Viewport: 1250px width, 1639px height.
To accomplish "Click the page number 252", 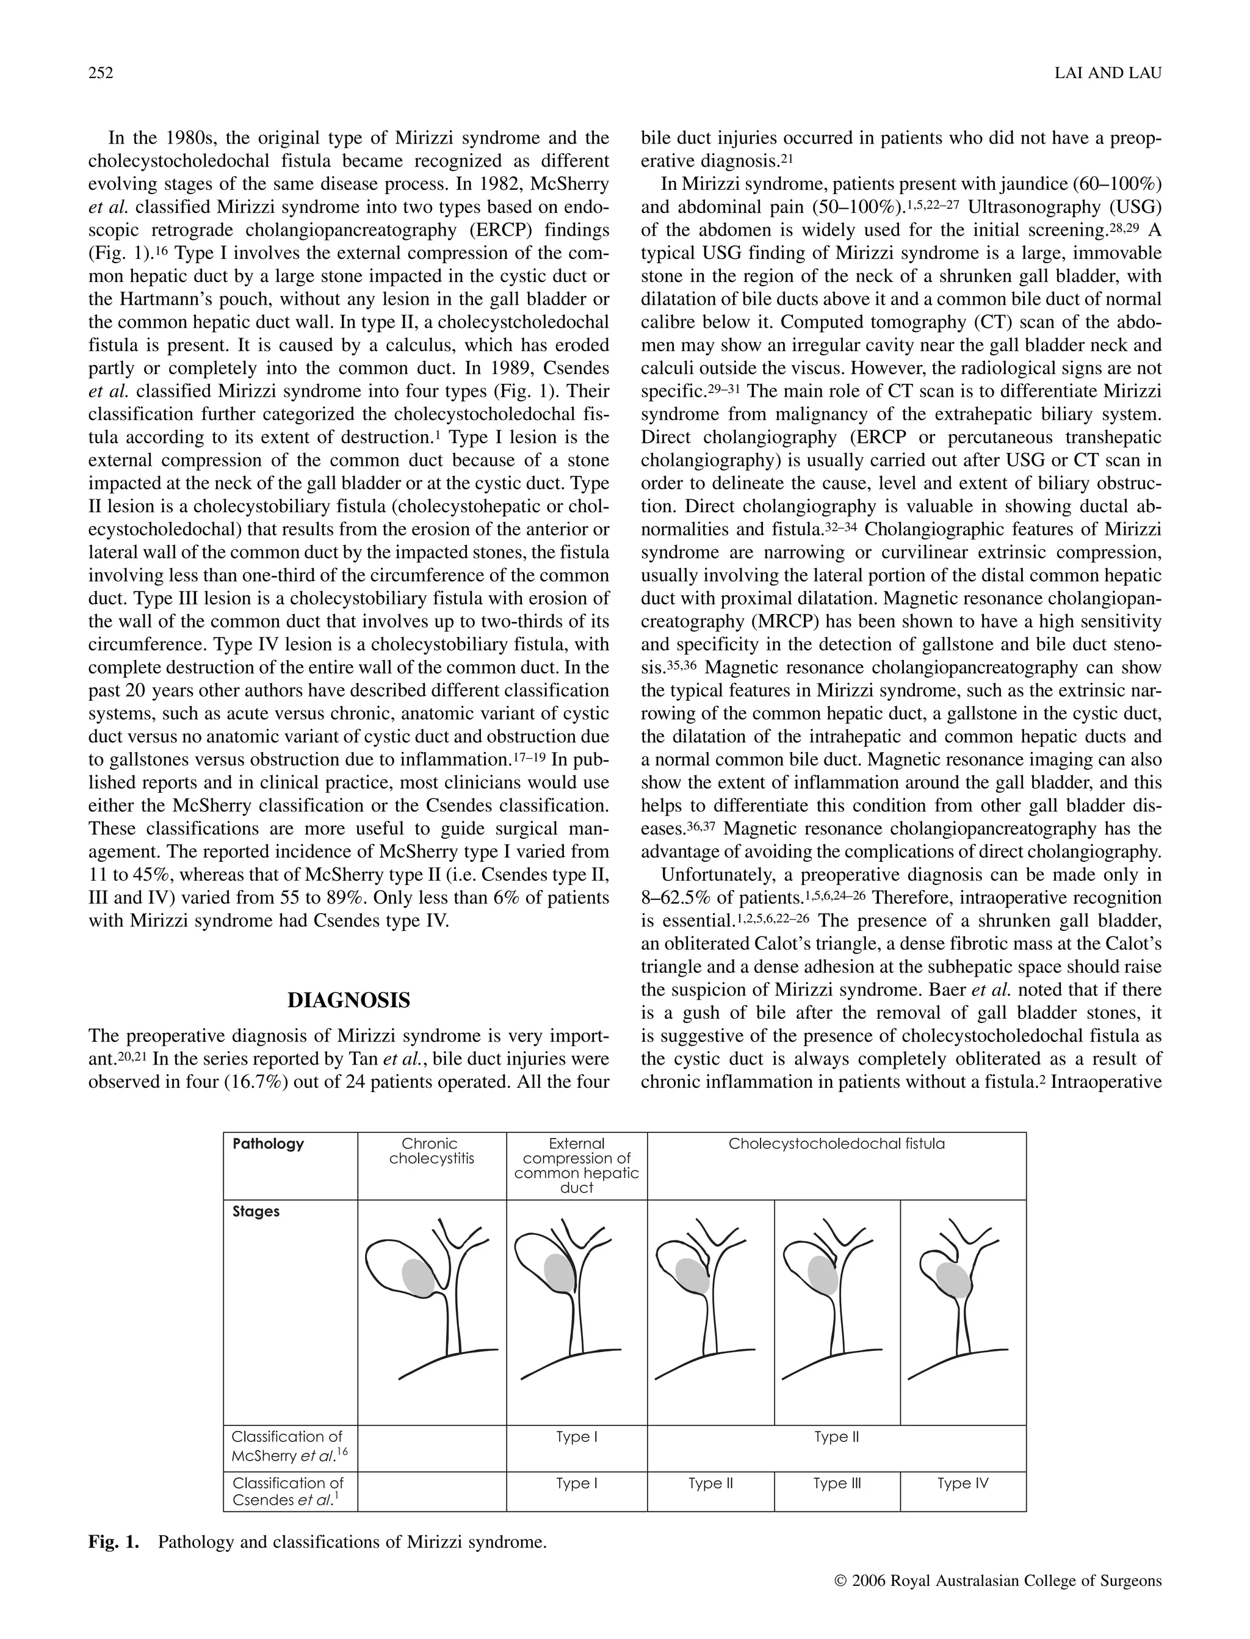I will (x=101, y=73).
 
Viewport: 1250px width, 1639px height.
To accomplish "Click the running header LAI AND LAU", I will (x=1108, y=73).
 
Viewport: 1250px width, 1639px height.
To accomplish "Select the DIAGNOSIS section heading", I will (x=349, y=1000).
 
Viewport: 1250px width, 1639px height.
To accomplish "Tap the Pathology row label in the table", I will (x=268, y=1143).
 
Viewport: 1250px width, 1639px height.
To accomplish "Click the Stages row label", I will (x=255, y=1211).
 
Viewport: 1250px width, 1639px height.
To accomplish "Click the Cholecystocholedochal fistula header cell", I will (x=836, y=1143).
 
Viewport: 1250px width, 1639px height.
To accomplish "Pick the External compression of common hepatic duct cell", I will (x=576, y=1165).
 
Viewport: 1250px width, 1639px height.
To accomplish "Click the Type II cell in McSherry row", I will (x=836, y=1436).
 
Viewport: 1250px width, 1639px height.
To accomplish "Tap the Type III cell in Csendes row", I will (x=836, y=1483).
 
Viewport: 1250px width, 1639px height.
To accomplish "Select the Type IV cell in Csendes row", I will (x=962, y=1483).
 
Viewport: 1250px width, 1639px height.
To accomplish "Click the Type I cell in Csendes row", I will (x=576, y=1483).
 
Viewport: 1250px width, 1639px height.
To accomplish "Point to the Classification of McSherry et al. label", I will (x=289, y=1445).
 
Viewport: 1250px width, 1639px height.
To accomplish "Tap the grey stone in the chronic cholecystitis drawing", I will (x=418, y=1278).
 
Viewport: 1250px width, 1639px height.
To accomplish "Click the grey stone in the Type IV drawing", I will (x=952, y=1279).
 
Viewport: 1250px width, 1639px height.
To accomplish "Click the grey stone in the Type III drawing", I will (x=823, y=1275).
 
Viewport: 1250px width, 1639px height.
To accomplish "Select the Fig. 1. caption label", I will (x=113, y=1541).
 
